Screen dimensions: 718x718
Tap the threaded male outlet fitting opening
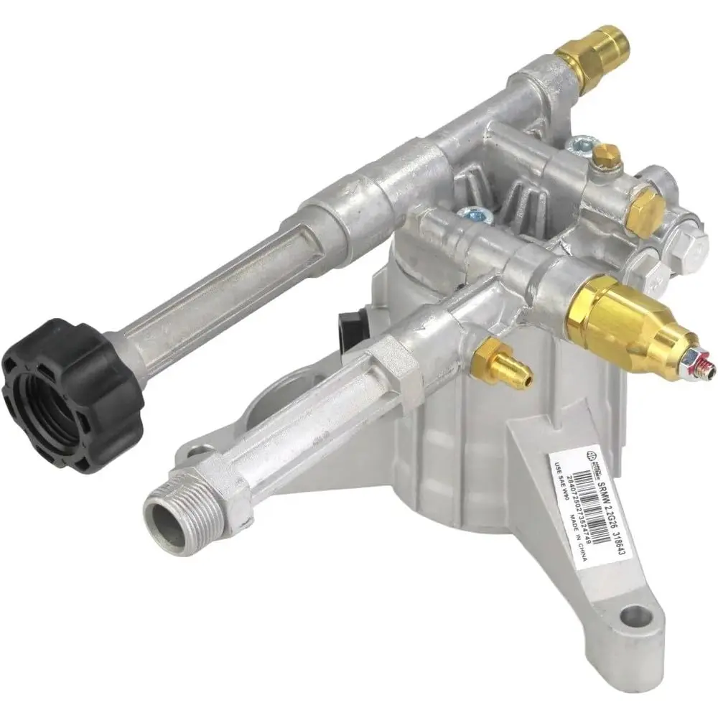[167, 516]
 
